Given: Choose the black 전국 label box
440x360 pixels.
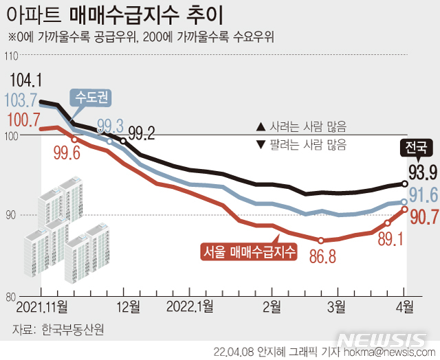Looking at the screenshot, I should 416,147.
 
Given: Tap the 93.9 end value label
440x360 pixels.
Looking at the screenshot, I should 423,170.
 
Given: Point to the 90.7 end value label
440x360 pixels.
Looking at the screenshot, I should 423,217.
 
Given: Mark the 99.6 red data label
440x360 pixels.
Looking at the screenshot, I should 67,154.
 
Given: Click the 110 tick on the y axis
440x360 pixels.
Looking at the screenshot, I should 11,56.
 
